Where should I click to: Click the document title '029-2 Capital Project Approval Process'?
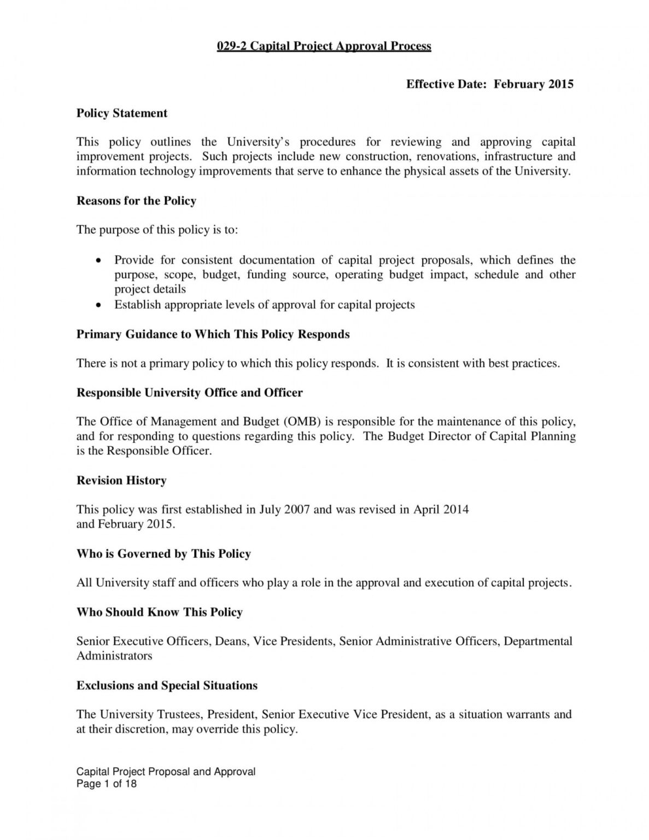coord(324,46)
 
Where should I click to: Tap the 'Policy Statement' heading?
coord(122,113)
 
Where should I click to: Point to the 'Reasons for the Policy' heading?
coord(136,201)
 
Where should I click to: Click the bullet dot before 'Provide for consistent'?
coord(98,261)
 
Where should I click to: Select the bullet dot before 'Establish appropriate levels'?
coord(98,305)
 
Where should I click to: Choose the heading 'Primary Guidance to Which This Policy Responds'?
coord(213,334)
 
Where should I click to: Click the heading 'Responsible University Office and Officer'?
coord(189,393)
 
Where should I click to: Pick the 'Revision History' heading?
coord(121,481)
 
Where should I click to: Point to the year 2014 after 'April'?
coord(455,510)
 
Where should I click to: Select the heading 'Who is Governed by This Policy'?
coord(163,554)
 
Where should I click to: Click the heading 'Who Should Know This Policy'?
coord(159,612)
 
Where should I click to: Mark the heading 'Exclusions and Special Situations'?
coord(167,686)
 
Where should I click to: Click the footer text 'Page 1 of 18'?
coord(107,784)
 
